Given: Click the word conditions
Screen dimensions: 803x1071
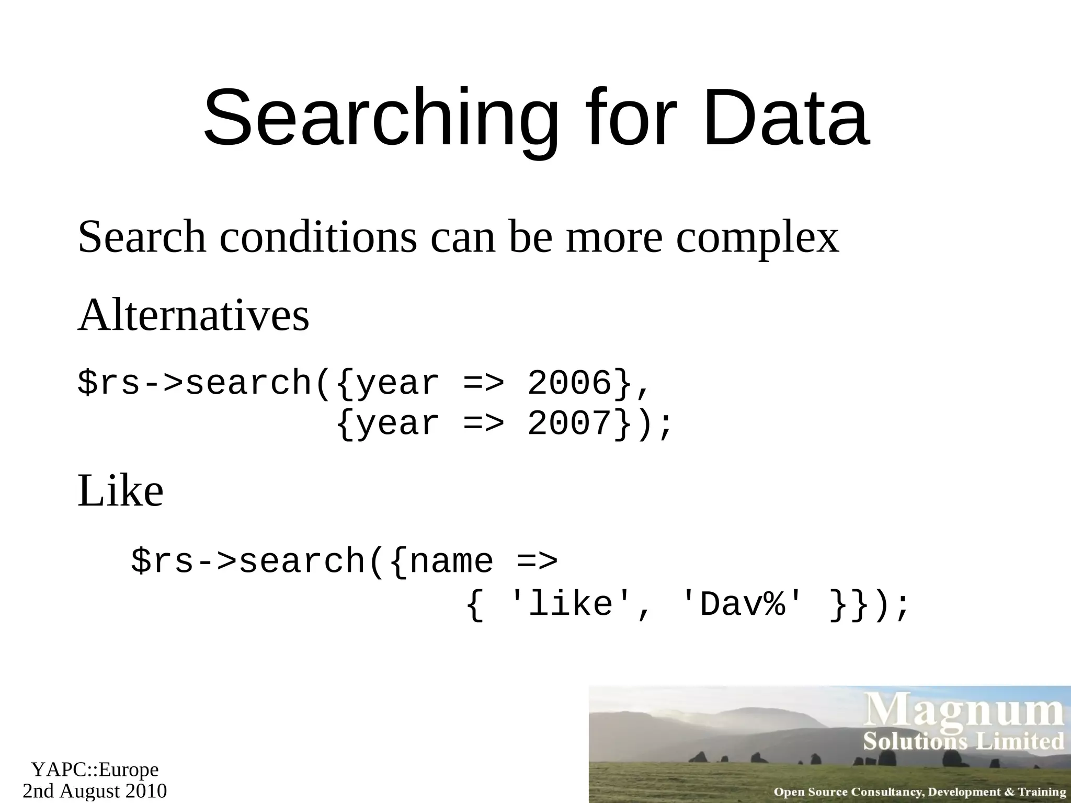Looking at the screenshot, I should click(x=318, y=237).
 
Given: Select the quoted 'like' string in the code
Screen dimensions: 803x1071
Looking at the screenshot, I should click(x=570, y=605).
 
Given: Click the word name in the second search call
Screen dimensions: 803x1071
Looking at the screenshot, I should click(x=451, y=561).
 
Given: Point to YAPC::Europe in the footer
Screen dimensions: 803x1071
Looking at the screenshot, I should click(x=95, y=769).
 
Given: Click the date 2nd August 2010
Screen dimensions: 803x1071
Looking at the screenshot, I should click(x=95, y=790).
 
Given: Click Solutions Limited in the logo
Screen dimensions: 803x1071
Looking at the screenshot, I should click(x=963, y=741).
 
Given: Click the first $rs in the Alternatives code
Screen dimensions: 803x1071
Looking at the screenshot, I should click(x=109, y=383).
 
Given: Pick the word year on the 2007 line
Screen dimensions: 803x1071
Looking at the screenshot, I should click(x=397, y=423).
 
